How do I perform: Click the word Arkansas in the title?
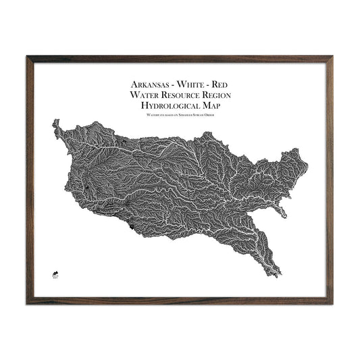149,86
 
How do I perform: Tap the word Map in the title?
213,107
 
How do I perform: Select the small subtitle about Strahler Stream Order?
180,116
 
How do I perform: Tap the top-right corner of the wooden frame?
332,57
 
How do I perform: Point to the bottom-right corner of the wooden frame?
332,302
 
